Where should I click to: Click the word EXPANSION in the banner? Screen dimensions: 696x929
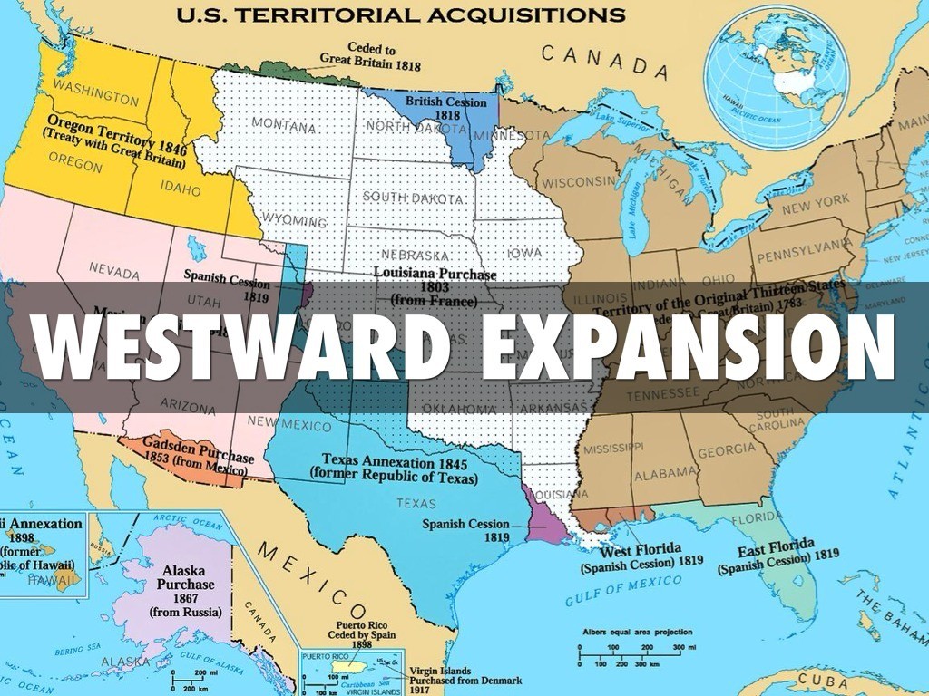pyautogui.click(x=687, y=347)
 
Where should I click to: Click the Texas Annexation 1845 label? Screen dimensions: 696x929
pyautogui.click(x=394, y=466)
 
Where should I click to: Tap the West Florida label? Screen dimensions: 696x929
pyautogui.click(x=641, y=555)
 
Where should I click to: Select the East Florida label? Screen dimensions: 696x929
pyautogui.click(x=777, y=556)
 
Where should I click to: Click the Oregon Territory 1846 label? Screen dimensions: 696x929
pyautogui.click(x=115, y=140)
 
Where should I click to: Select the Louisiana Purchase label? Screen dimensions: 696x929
pyautogui.click(x=435, y=285)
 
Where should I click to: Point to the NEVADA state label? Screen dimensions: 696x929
pyautogui.click(x=114, y=271)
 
